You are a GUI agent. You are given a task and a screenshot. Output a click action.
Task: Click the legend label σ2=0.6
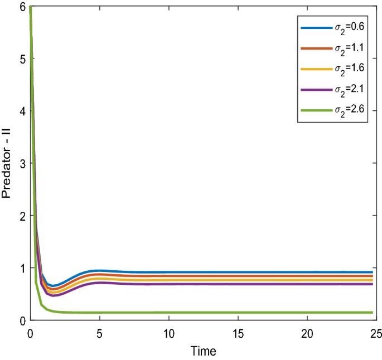(345, 27)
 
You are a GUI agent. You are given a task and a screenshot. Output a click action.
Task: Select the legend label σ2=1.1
(345, 48)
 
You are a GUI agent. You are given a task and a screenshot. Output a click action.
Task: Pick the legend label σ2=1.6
(345, 70)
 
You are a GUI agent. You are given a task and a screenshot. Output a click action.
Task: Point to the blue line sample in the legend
(313, 27)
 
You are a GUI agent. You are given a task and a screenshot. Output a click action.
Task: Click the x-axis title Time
(204, 351)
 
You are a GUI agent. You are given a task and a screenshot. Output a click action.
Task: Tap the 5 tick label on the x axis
(100, 333)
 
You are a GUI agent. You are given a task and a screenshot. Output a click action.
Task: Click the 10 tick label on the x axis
(169, 333)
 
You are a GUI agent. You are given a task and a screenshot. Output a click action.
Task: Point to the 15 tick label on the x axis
(238, 333)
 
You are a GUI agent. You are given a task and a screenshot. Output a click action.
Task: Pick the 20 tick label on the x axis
(307, 333)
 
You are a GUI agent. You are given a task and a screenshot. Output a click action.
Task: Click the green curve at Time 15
(238, 313)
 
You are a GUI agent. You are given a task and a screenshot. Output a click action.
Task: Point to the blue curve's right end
(372, 272)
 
